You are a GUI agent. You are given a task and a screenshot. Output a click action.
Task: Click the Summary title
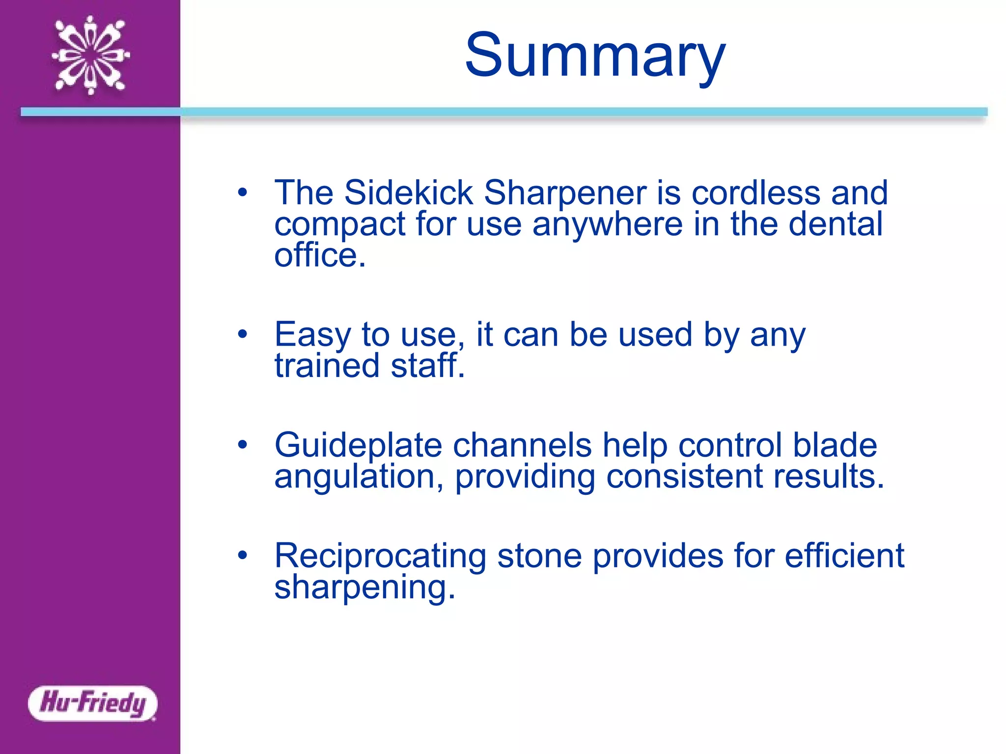pyautogui.click(x=595, y=55)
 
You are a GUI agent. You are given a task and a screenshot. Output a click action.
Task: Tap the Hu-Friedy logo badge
pyautogui.click(x=93, y=703)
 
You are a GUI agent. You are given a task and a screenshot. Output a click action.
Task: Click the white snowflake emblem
pyautogui.click(x=91, y=55)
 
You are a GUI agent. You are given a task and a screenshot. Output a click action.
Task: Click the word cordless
pyautogui.click(x=755, y=192)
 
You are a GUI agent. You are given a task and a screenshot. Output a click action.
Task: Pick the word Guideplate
pyautogui.click(x=358, y=446)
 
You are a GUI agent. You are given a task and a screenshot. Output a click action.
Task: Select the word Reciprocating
pyautogui.click(x=380, y=557)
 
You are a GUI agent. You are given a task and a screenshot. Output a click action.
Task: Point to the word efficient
pyautogui.click(x=844, y=556)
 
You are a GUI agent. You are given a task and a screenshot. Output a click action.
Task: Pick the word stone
pyautogui.click(x=539, y=557)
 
